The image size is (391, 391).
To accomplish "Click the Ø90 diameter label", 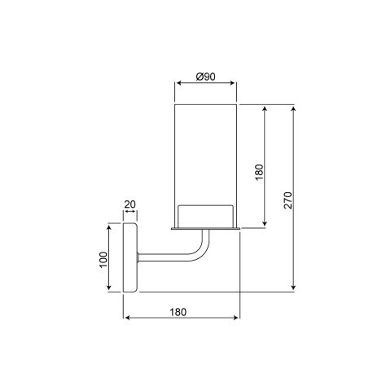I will [x=206, y=77].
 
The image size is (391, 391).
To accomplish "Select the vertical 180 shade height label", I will [x=259, y=172].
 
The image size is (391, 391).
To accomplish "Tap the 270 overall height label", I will [x=288, y=200].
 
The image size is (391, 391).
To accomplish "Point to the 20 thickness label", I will [x=130, y=205].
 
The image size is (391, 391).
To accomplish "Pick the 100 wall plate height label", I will [x=103, y=259].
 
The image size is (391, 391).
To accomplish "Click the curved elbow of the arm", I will [x=198, y=249].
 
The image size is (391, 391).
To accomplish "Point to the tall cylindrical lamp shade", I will [x=206, y=155].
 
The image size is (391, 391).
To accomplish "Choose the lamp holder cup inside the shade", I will [x=206, y=214].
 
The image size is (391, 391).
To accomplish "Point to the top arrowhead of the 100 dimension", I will [x=110, y=228].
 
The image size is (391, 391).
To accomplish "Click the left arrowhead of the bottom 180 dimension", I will [x=125, y=319].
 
